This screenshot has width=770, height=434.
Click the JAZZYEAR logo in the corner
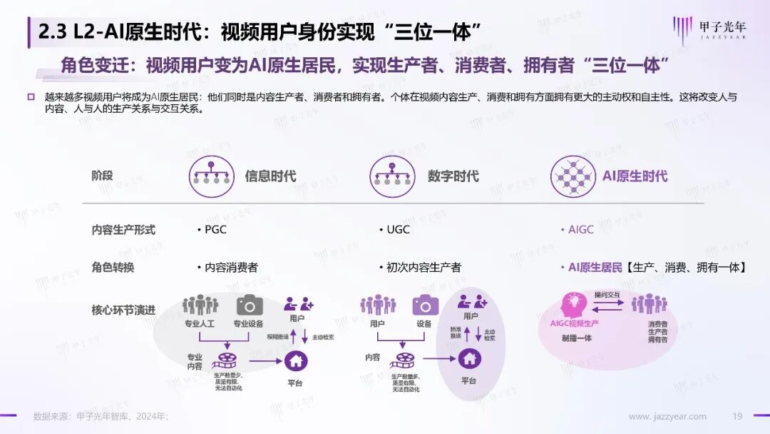point(709,30)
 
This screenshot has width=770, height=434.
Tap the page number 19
point(737,417)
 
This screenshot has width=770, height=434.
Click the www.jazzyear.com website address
point(667,417)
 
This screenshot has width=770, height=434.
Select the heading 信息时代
point(270,176)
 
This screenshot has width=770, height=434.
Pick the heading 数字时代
point(453,176)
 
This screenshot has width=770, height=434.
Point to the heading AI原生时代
point(635,176)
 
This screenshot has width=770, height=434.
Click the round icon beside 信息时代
point(212,176)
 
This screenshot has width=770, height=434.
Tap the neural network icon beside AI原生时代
point(573,176)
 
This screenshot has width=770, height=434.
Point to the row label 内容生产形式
point(123,230)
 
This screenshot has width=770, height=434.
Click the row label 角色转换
point(113,268)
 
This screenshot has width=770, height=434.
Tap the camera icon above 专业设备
point(250,305)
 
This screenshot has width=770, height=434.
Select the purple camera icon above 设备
point(426,305)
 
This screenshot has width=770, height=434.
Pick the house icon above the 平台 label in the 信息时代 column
point(296,360)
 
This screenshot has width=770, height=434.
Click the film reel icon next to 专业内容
point(226,360)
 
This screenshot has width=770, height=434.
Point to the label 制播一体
point(576,338)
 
